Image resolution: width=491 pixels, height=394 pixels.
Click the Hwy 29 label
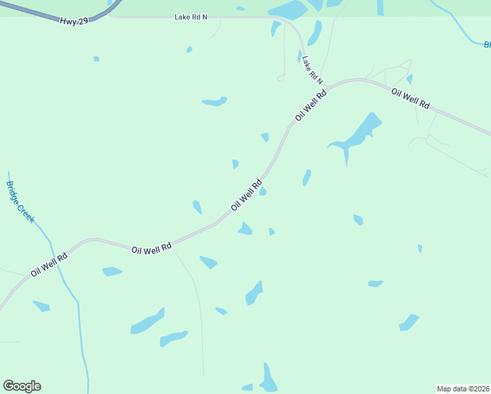point(74,22)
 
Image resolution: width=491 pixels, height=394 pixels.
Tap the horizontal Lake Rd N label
point(190,17)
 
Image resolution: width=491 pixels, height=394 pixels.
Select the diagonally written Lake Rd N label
point(312,70)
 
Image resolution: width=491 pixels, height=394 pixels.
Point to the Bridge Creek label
point(20,202)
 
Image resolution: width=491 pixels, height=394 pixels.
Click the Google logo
point(22,386)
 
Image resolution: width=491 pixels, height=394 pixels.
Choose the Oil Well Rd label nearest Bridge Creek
point(49,265)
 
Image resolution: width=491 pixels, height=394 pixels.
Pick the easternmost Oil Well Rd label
point(410,98)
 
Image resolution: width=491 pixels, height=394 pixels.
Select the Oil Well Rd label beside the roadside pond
point(247,195)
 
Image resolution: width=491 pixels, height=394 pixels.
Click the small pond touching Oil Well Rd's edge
point(263,191)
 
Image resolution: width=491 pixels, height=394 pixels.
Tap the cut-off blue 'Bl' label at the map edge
point(487,45)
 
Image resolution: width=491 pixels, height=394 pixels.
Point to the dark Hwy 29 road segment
point(39,12)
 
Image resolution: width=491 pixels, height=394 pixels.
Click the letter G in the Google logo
point(9,386)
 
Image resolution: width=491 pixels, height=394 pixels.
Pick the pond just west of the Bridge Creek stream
point(41,306)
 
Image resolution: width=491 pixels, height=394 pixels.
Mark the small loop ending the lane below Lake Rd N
point(280,78)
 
